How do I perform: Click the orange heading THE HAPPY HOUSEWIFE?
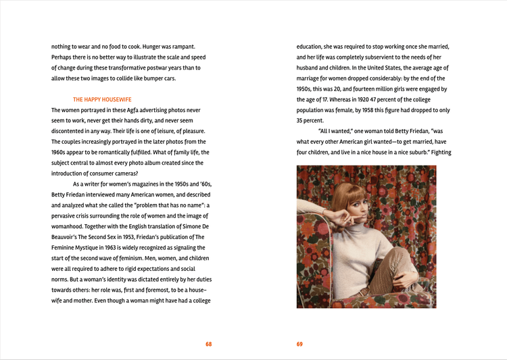pos(102,99)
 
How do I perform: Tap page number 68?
pos(209,344)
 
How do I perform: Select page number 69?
pos(299,344)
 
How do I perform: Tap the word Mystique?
pos(78,247)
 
